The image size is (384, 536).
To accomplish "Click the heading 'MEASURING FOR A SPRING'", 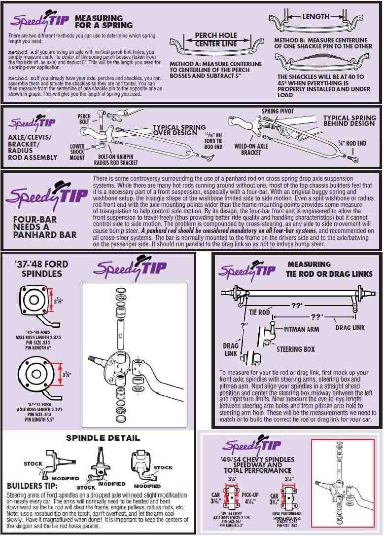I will tap(104, 21).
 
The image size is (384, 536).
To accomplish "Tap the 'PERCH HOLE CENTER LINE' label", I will tap(215, 39).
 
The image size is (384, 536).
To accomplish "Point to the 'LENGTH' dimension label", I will tap(315, 16).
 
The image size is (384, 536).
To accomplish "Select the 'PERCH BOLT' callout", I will tap(84, 118).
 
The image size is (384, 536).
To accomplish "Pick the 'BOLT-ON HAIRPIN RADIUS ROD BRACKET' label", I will tap(115, 159).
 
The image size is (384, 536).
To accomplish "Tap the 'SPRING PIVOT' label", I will tap(277, 111).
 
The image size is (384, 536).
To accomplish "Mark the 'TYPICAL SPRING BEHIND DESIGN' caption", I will tap(349, 121).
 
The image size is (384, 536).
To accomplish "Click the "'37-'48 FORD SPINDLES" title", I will tap(41, 268).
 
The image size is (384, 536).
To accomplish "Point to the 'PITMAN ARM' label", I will tap(302, 329).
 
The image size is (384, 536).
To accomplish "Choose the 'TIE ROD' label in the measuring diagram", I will tap(259, 312).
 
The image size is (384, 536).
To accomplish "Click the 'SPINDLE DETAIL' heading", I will tap(103, 438).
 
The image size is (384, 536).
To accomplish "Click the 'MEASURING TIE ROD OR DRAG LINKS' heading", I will tap(330, 269).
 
